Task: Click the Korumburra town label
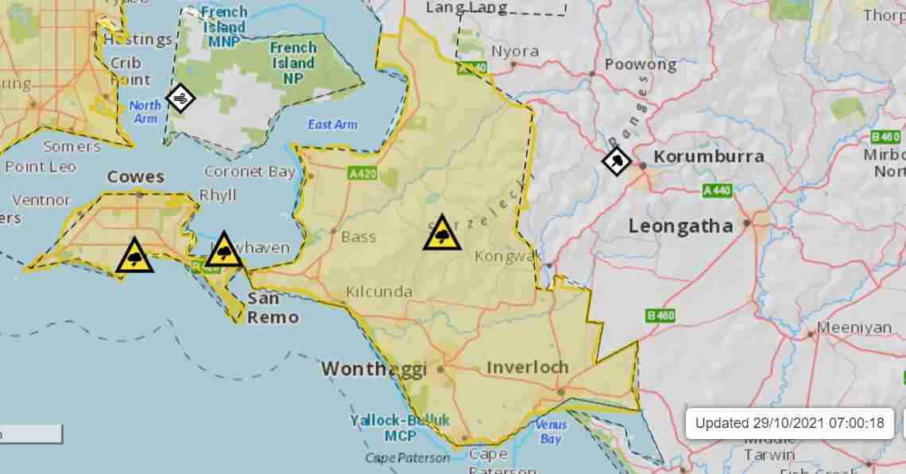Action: pos(709,156)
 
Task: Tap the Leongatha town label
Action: pos(680,226)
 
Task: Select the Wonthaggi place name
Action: pos(374,369)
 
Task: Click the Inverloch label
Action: pos(527,367)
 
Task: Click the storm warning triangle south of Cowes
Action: pos(134,256)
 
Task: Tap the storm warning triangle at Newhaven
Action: pos(224,251)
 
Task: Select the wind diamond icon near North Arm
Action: pos(180,98)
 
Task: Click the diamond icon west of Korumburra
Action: pos(617,162)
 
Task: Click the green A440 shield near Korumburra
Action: pos(718,191)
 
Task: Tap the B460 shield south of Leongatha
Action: pos(660,316)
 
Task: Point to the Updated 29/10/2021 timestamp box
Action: pos(789,423)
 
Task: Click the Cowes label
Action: pos(135,176)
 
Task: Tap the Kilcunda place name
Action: pos(379,292)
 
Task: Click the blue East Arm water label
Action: pos(332,125)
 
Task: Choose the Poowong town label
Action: pos(641,64)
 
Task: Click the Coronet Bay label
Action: pos(250,171)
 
